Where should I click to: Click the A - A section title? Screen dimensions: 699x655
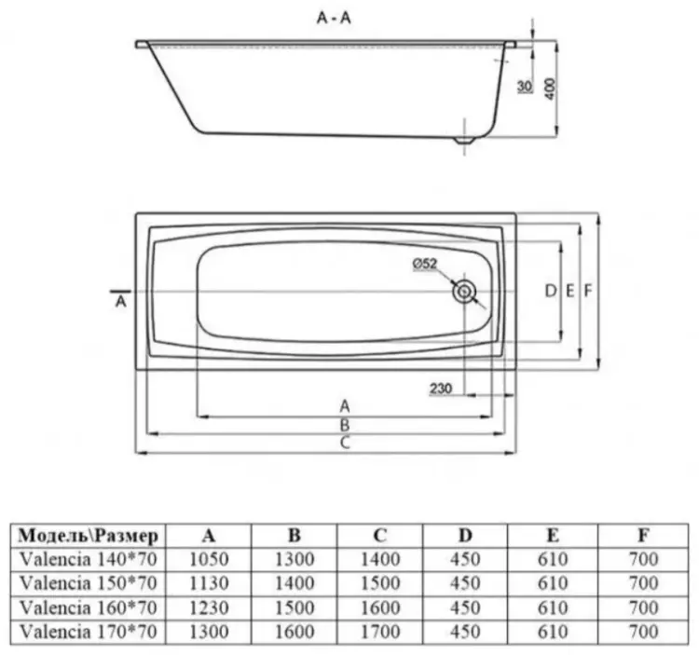pyautogui.click(x=334, y=18)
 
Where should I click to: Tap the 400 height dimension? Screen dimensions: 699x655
pyautogui.click(x=550, y=89)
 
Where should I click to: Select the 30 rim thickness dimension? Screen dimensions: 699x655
pyautogui.click(x=525, y=86)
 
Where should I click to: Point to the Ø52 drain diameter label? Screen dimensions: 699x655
pyautogui.click(x=425, y=264)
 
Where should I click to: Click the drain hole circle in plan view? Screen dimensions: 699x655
pyautogui.click(x=464, y=293)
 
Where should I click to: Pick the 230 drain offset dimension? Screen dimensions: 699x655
pyautogui.click(x=441, y=389)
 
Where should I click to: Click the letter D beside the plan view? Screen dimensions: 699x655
pyautogui.click(x=551, y=291)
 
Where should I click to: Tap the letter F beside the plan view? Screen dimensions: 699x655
pyautogui.click(x=588, y=291)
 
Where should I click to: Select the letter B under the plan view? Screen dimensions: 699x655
pyautogui.click(x=345, y=425)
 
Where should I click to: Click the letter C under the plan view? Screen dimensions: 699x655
pyautogui.click(x=345, y=443)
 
